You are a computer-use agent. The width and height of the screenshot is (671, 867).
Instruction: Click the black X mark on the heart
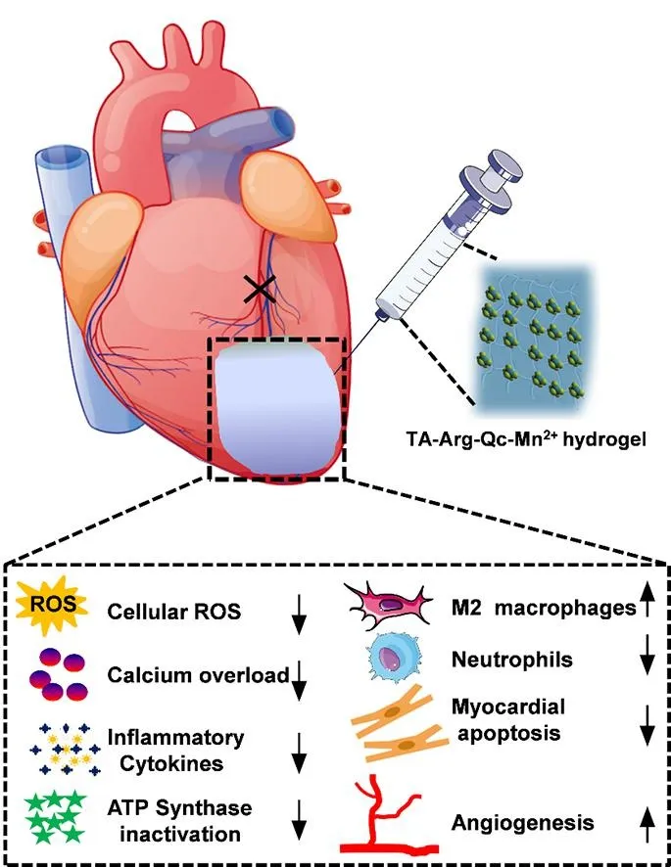pyautogui.click(x=259, y=287)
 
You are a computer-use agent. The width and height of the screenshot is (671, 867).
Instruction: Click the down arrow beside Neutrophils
pyautogui.click(x=645, y=661)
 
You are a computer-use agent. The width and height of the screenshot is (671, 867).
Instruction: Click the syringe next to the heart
pyautogui.click(x=432, y=245)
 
